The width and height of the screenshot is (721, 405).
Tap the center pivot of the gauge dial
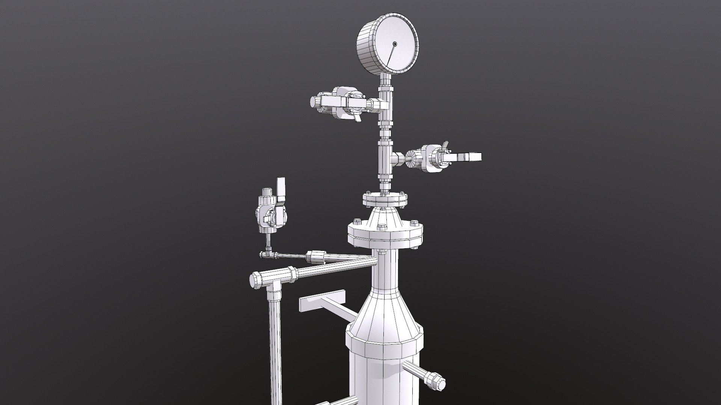click(x=394, y=44)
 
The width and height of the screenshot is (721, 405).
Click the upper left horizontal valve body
click(x=340, y=102)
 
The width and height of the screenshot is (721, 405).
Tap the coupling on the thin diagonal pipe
click(x=315, y=257)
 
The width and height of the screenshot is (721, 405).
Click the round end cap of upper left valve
click(x=314, y=102)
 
